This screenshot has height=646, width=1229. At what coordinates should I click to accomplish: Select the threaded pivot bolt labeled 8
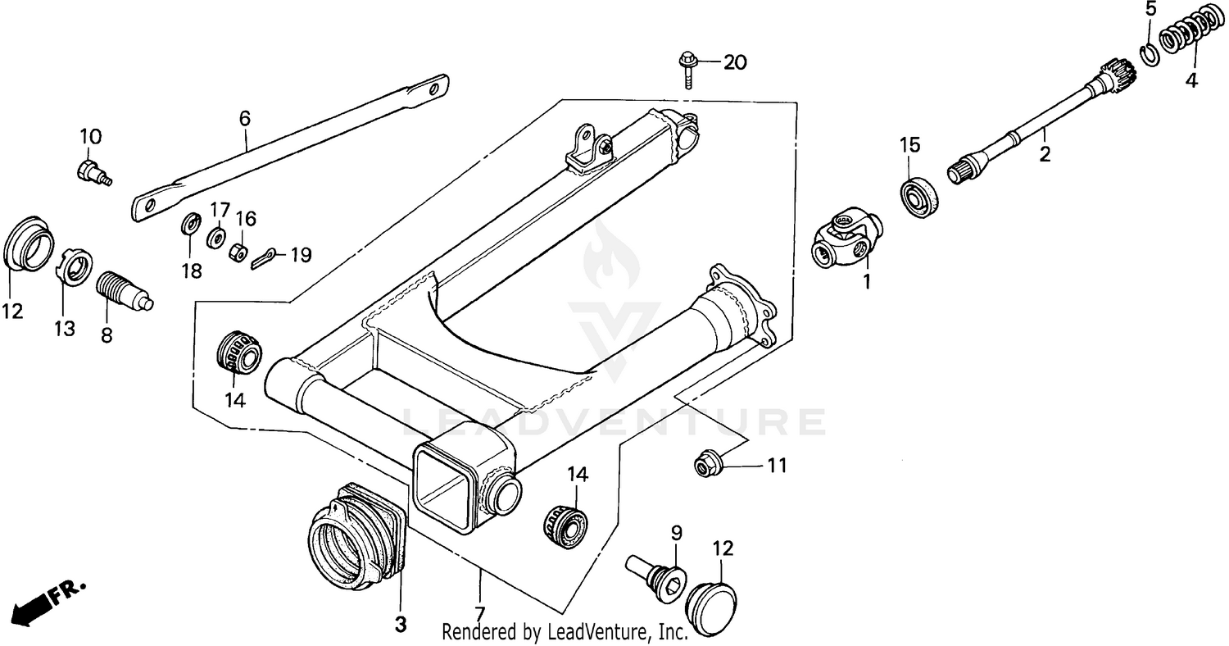pyautogui.click(x=123, y=289)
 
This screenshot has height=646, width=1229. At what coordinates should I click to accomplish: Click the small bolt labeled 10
pyautogui.click(x=92, y=172)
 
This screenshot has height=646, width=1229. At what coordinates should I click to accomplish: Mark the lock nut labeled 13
pyautogui.click(x=76, y=268)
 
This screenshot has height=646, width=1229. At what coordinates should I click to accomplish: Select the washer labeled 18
pyautogui.click(x=192, y=224)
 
